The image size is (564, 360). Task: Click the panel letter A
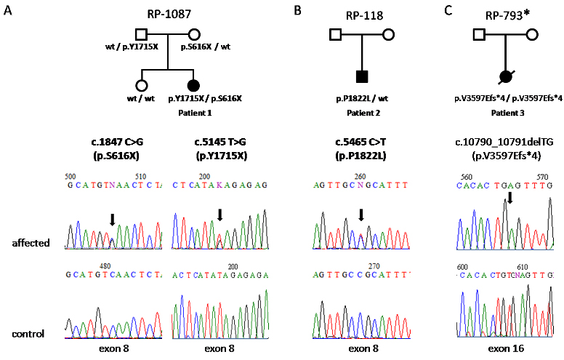click(8, 11)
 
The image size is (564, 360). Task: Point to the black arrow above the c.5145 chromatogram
click(219, 213)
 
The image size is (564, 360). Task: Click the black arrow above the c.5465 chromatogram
click(361, 214)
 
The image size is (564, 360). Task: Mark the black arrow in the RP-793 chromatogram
click(510, 197)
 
